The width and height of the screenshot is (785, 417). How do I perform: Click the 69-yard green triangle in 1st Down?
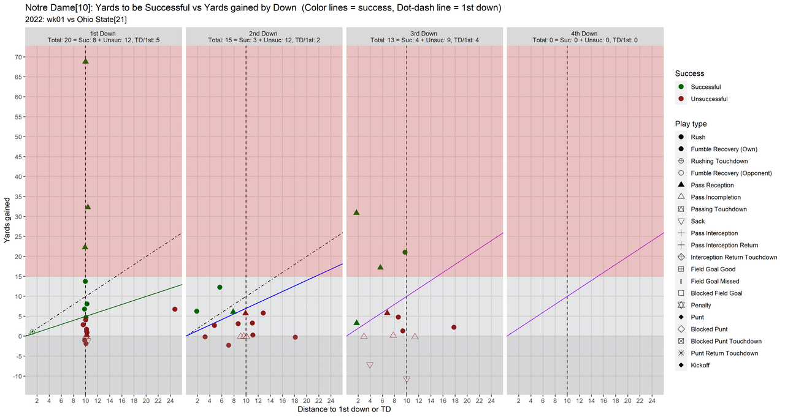point(85,61)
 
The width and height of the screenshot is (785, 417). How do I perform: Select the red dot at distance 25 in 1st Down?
point(175,309)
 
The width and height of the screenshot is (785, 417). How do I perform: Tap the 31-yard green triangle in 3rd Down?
point(356,212)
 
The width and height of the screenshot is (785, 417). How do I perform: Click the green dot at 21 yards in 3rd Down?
point(405,252)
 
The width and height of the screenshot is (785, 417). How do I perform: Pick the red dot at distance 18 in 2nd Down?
point(295,337)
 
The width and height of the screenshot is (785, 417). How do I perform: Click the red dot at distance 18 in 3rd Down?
point(454,327)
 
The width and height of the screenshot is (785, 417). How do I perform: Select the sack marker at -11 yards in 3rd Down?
point(407,380)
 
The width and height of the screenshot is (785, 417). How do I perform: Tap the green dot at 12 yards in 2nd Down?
point(220,287)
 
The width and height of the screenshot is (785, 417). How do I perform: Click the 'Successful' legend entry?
point(705,87)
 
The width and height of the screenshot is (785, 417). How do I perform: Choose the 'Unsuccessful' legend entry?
point(709,99)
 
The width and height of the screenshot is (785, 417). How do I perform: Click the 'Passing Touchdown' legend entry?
point(718,209)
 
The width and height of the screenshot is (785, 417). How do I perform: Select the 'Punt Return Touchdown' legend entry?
point(724,353)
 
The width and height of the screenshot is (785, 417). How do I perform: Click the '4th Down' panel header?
point(584,36)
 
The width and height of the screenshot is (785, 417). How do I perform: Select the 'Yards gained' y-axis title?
point(7,220)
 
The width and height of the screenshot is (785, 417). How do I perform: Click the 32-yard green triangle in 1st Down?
point(88,207)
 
